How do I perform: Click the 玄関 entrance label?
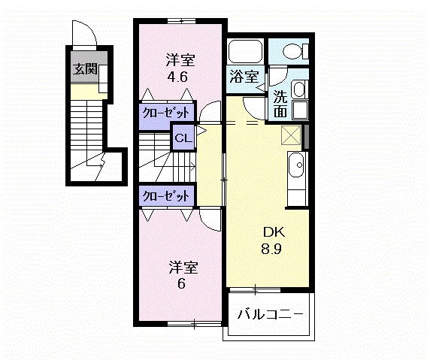click(85, 70)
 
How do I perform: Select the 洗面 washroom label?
click(280, 104)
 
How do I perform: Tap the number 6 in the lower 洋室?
click(180, 284)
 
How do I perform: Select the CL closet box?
click(183, 138)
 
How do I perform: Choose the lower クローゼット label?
click(165, 196)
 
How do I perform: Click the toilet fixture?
click(294, 52)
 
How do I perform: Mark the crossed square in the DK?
click(290, 135)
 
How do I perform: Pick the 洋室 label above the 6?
click(180, 267)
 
